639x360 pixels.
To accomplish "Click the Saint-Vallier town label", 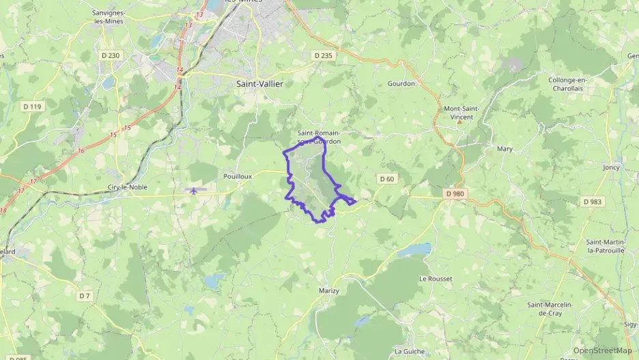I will coord(259,83).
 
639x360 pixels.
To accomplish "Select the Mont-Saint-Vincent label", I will coord(462,113).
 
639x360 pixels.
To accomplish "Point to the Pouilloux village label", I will coord(238,176).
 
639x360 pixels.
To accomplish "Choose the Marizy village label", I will coord(329,291).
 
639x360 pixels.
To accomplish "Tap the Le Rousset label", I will coord(436,279).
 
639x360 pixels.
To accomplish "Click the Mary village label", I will coord(505,148).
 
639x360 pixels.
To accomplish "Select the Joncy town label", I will coord(611,167).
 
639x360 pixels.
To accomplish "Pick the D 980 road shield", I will coord(455,194).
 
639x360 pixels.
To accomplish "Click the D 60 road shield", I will coord(386,179).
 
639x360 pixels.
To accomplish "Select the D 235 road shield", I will coord(323,55).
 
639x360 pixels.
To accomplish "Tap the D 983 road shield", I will coord(593,202).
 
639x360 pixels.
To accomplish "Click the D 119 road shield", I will coord(32,106).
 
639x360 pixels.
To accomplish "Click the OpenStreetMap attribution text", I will coord(602,350).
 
